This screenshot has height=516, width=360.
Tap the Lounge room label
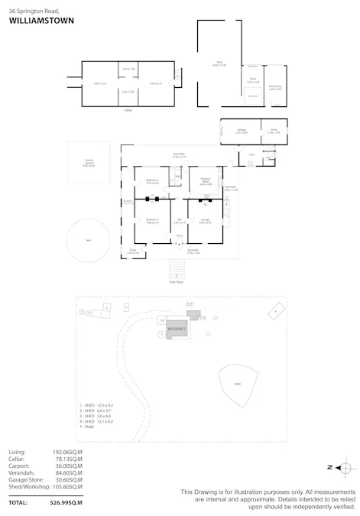pos(205,220)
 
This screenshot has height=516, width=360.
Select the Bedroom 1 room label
pos(152,220)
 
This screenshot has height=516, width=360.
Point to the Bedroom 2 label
pos(152,180)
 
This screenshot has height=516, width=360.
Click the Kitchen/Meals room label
pos(205,180)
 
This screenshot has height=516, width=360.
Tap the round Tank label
pos(89,239)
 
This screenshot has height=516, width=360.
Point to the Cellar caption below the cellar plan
pos(128,110)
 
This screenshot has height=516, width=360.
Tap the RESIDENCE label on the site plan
pos(177,328)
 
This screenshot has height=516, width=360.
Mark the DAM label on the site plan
pos(237,384)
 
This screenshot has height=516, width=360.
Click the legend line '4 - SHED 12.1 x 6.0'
pos(96,421)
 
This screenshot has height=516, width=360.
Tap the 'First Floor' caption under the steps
pos(177,281)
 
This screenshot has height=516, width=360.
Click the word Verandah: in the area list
pos(21,472)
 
